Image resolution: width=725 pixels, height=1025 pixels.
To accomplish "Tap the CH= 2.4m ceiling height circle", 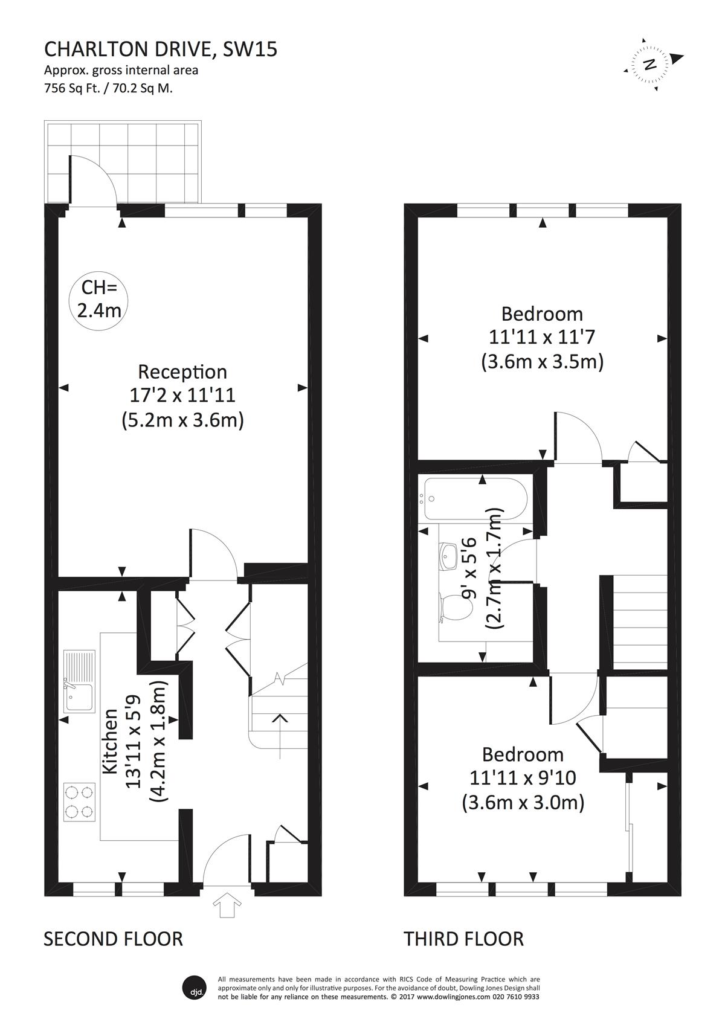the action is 98,300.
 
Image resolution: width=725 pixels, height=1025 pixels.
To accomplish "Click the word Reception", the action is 182,371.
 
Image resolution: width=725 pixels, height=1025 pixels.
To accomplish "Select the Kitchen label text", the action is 111,742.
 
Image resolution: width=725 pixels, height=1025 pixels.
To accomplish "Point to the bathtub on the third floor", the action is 475,499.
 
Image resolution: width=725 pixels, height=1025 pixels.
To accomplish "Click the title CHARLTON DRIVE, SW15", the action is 161,50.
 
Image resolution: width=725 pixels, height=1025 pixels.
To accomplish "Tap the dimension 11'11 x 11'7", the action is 542,337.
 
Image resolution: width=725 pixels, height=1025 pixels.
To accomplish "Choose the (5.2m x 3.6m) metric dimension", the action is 182,420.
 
